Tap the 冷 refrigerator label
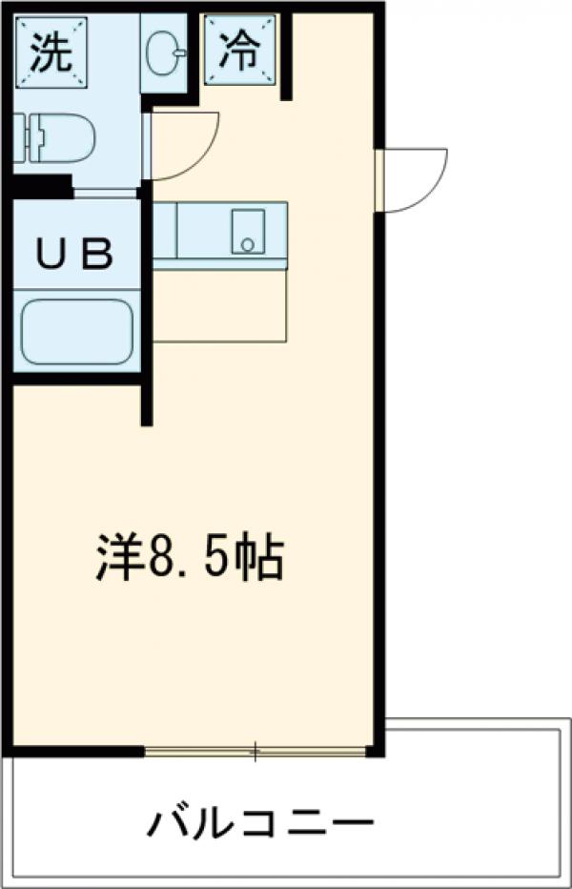point(239,52)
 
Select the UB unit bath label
point(73,255)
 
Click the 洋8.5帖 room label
point(190,560)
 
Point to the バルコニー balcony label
point(259,822)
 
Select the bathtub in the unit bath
point(76,331)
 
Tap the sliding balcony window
point(255,752)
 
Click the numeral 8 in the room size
point(158,560)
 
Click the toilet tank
point(23,139)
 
